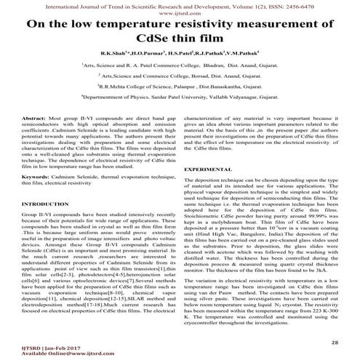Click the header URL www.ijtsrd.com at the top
[x=180, y=12]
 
